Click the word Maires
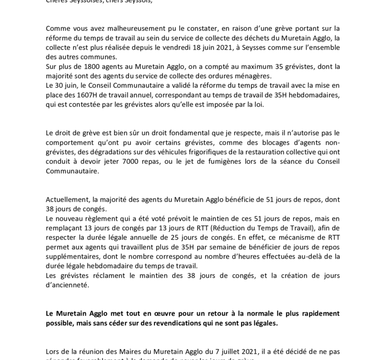click(x=117, y=352)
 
